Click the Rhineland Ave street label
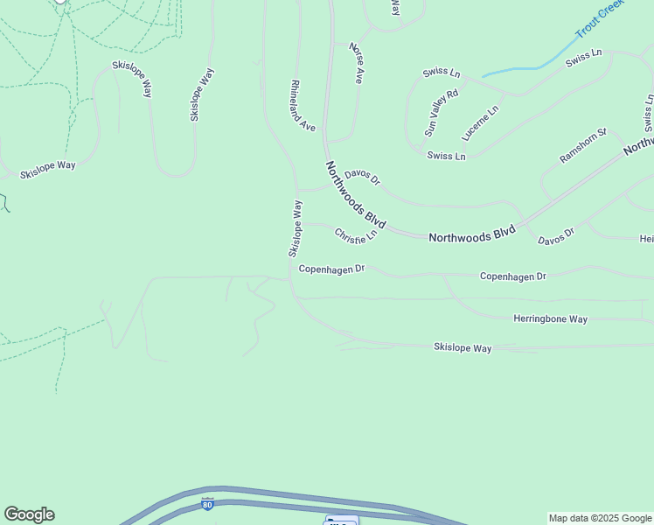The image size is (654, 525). [x=303, y=106]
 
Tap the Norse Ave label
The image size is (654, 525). [x=356, y=63]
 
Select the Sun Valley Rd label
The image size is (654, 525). [x=441, y=113]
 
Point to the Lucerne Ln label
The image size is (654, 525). [x=481, y=123]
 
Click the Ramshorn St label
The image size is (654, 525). [x=583, y=146]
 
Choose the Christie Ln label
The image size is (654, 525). [x=355, y=235]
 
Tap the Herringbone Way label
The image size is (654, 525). [x=550, y=319]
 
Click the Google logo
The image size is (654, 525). [x=29, y=514]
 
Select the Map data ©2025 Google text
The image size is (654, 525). [x=601, y=518]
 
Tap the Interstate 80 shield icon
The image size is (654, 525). [x=206, y=504]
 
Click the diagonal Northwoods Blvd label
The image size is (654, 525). [x=355, y=194]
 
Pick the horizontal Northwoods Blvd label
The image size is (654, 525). [x=472, y=235]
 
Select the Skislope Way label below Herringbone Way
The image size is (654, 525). [x=463, y=348]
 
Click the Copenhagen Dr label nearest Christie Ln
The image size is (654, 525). [x=330, y=269]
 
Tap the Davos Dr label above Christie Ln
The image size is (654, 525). [x=362, y=177]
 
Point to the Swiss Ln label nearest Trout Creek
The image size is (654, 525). [x=584, y=59]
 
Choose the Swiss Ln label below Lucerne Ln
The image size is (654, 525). [x=447, y=156]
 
